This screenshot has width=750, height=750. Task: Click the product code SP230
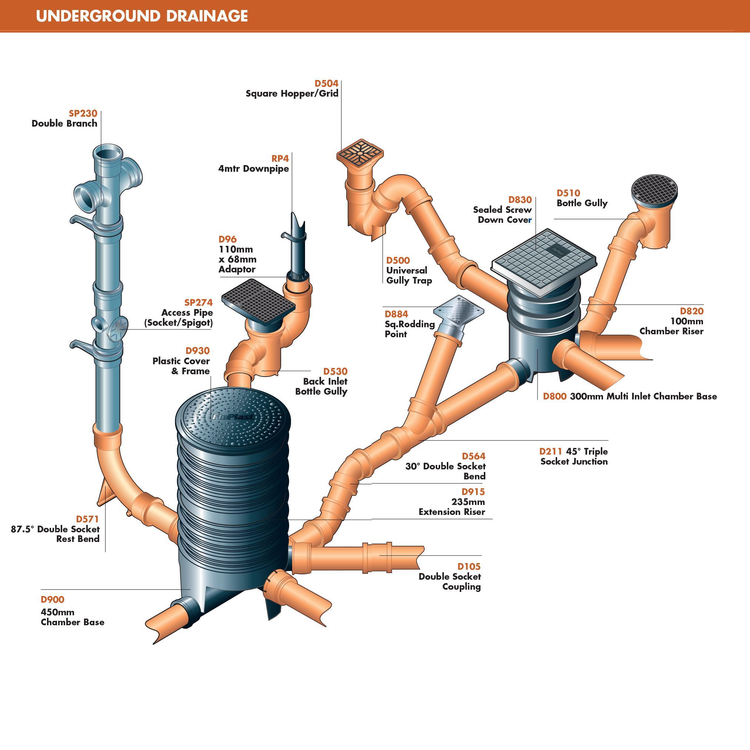pyautogui.click(x=83, y=113)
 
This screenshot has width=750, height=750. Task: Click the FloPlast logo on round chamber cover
pyautogui.click(x=232, y=417)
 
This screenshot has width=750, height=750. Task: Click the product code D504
pyautogui.click(x=326, y=83)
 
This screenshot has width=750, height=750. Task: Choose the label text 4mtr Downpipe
pyautogui.click(x=254, y=168)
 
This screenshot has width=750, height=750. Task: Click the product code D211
pyautogui.click(x=550, y=452)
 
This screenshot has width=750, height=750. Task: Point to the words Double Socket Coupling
pyautogui.click(x=449, y=582)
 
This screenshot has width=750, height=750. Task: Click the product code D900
pyautogui.click(x=53, y=599)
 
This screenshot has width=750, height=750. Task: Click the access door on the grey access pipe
pyautogui.click(x=118, y=328)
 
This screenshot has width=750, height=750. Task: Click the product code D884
pyautogui.click(x=396, y=314)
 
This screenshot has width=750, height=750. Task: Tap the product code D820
pyautogui.click(x=692, y=311)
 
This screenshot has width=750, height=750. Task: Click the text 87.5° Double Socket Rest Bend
pyautogui.click(x=55, y=534)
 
